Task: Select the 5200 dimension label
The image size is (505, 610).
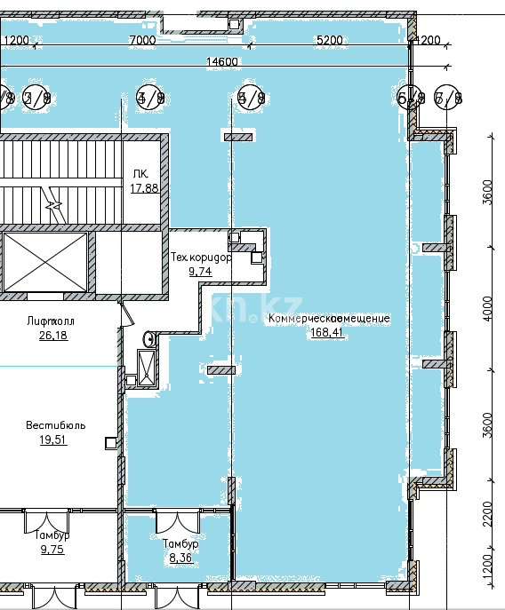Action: click(329, 40)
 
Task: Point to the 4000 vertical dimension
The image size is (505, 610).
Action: click(486, 308)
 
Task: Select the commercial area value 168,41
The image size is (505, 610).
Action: click(326, 333)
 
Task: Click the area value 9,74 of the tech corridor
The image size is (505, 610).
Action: click(200, 272)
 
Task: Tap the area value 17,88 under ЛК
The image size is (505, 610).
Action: click(144, 188)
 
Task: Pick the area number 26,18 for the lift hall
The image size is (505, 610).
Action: click(53, 336)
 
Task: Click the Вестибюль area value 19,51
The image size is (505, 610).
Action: click(53, 440)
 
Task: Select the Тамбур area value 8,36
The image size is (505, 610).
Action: click(180, 558)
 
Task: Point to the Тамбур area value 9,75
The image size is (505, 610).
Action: click(52, 550)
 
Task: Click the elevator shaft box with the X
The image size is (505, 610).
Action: click(45, 263)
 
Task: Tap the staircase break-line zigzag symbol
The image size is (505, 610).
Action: click(55, 207)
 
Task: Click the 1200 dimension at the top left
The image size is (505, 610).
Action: click(16, 40)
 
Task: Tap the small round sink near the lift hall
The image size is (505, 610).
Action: click(149, 338)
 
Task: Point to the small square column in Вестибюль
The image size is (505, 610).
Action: click(110, 442)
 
